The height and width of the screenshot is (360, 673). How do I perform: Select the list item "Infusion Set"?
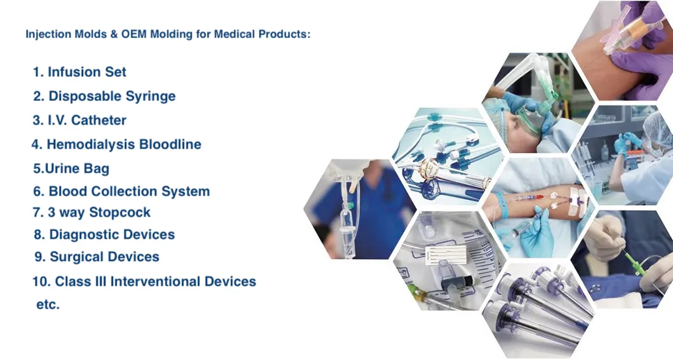point(86,72)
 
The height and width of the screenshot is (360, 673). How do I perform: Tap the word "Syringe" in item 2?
point(150,97)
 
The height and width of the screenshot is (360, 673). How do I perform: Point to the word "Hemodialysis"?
point(90,145)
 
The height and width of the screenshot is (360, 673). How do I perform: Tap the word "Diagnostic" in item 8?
point(86,235)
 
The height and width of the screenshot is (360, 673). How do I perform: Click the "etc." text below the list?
point(48,305)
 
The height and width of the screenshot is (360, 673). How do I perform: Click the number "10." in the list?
point(41,281)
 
